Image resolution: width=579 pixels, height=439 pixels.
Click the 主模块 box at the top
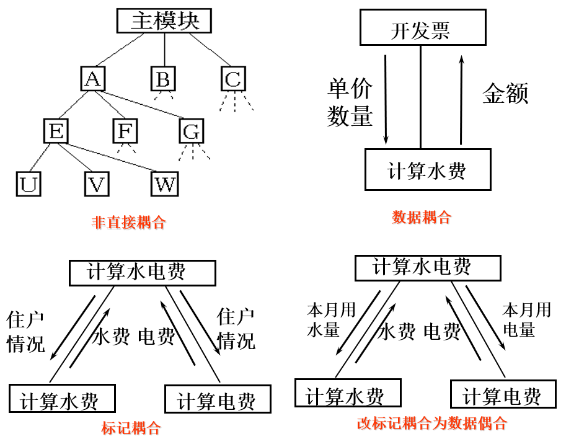[164, 21]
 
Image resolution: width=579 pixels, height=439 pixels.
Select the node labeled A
[93, 79]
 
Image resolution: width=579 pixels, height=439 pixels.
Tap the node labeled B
[164, 79]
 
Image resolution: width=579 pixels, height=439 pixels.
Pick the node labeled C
[233, 79]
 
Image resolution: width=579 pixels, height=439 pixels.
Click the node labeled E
[56, 131]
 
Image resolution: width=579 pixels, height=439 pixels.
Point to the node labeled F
[125, 131]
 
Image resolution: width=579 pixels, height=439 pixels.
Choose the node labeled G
[192, 131]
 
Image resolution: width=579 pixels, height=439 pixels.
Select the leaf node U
[28, 184]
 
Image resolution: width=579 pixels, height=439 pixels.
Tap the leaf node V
[97, 184]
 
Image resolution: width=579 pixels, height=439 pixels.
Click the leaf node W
[165, 184]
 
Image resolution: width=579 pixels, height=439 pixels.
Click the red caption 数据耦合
[422, 217]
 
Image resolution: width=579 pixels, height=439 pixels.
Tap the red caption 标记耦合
[131, 428]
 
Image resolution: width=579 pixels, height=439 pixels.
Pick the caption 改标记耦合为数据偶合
[432, 423]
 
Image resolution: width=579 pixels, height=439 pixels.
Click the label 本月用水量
[331, 319]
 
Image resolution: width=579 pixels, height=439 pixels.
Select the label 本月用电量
[526, 319]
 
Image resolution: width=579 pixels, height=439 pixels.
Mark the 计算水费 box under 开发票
[427, 170]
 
